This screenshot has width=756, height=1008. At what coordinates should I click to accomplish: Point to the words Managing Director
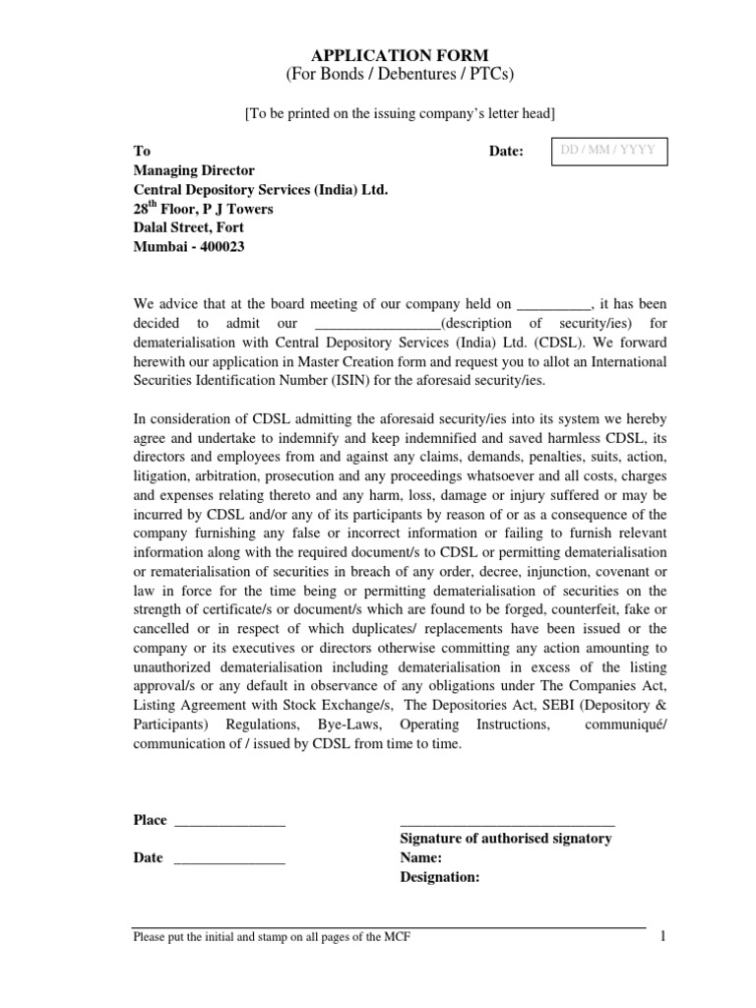point(194,170)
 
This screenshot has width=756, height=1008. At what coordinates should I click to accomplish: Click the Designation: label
point(440,876)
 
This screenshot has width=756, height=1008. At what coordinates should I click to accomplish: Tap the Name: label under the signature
point(421,857)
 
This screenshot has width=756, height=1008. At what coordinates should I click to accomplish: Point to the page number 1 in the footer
point(663,935)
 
